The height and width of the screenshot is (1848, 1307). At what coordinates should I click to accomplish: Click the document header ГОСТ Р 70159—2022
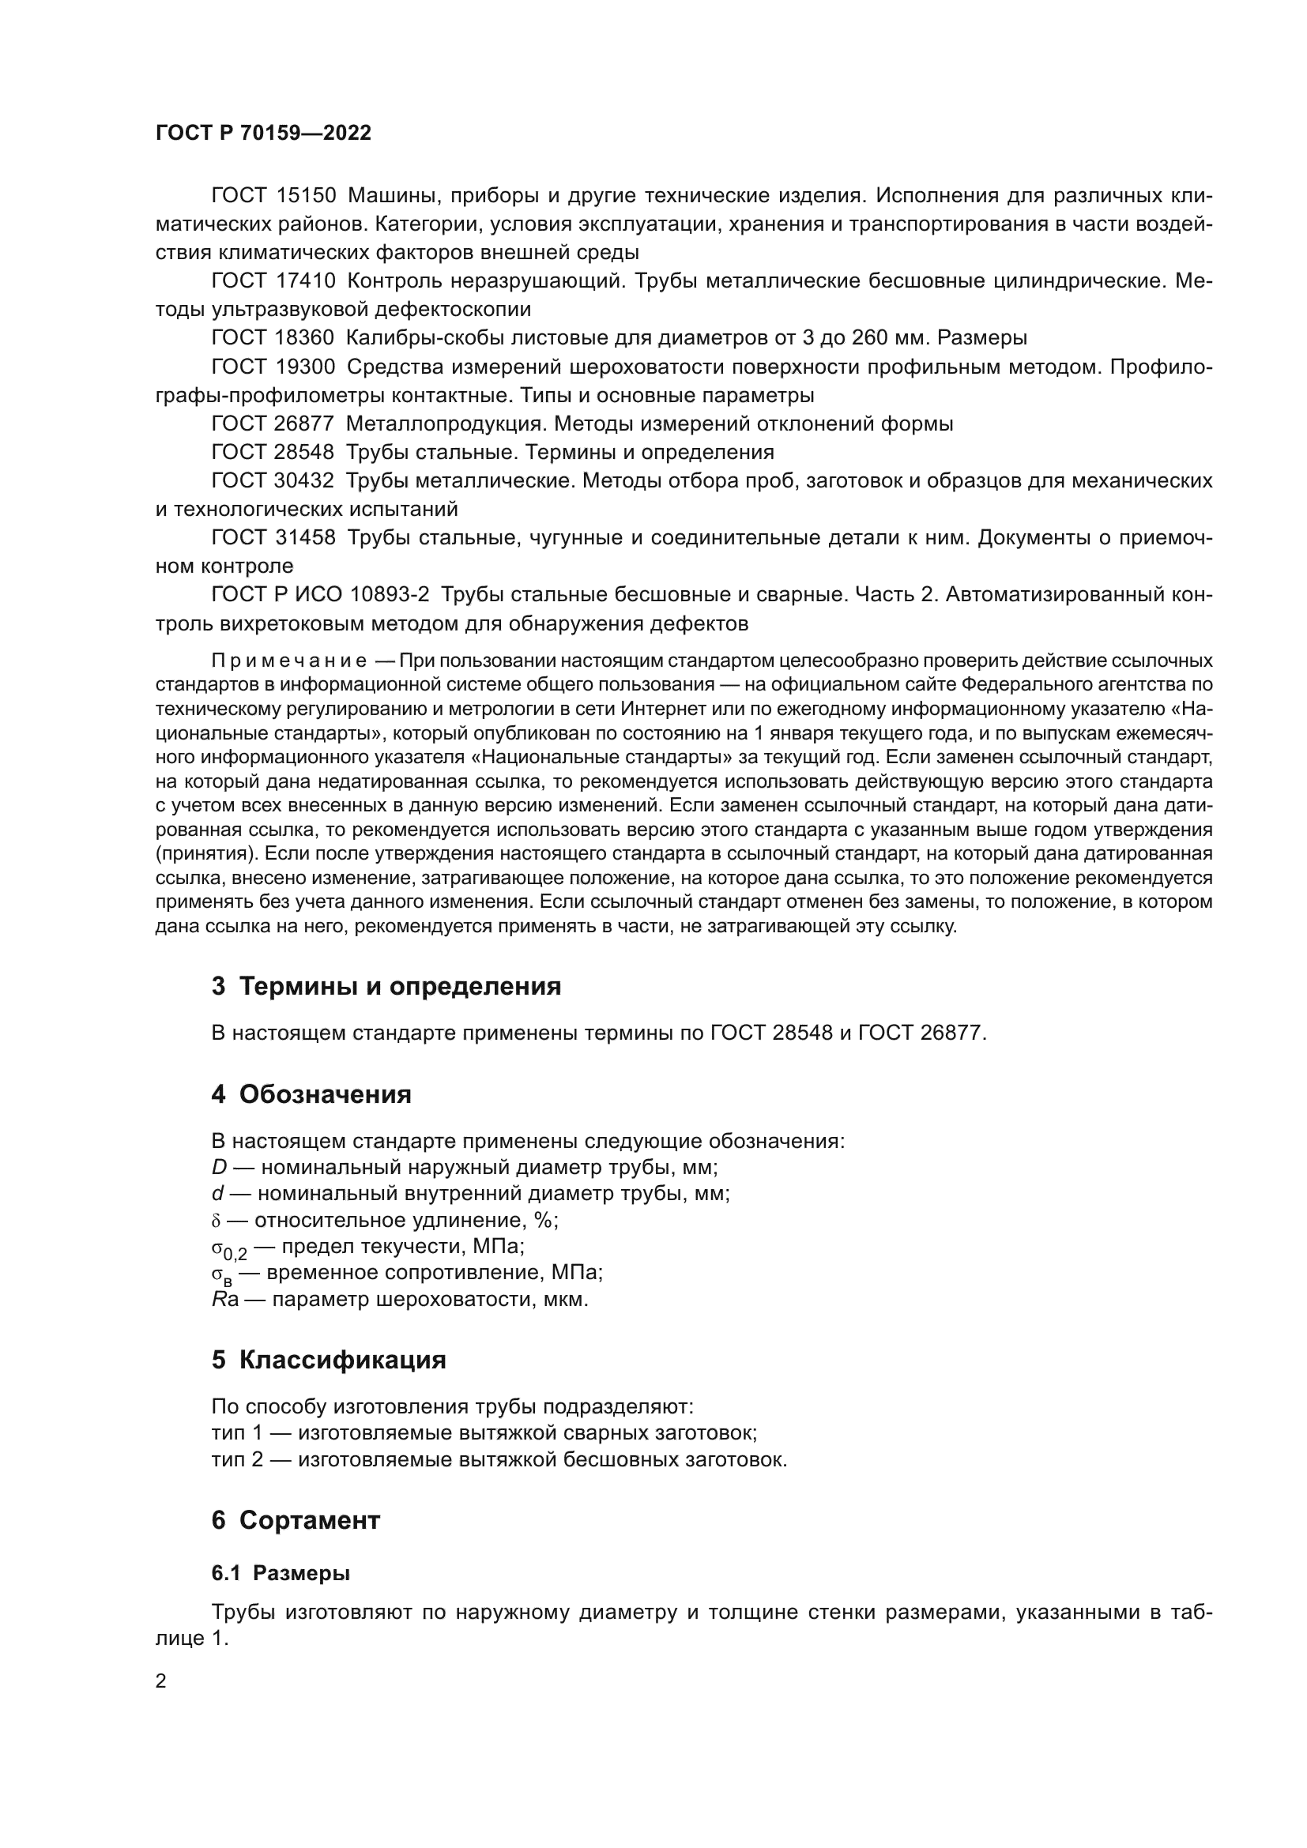[263, 133]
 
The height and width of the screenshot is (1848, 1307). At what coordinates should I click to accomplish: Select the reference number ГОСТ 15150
[273, 196]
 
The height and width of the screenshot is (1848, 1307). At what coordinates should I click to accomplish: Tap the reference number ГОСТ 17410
[273, 281]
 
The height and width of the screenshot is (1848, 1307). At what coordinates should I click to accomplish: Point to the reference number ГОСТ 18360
[273, 337]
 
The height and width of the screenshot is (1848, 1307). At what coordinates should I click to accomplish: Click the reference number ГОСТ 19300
[273, 367]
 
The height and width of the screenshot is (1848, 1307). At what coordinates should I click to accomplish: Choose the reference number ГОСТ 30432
[273, 480]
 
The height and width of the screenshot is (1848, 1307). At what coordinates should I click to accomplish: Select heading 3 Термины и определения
[386, 986]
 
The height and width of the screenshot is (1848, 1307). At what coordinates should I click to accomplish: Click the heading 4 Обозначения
[311, 1094]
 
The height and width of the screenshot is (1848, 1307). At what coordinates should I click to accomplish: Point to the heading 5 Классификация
[329, 1360]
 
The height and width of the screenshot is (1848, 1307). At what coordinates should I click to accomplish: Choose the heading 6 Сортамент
[296, 1520]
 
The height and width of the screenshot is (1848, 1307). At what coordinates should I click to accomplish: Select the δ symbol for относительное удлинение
[216, 1221]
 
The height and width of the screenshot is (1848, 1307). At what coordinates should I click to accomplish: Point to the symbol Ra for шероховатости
[224, 1300]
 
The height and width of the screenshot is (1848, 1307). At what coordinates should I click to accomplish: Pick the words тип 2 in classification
[236, 1459]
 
